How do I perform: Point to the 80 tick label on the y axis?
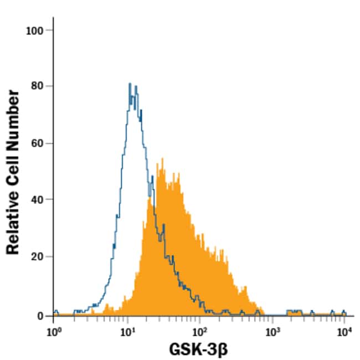click(38, 86)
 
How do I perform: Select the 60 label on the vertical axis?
click(38, 143)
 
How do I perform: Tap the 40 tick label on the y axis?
click(38, 200)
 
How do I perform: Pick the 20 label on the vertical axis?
click(38, 257)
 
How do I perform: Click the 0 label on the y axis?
click(41, 315)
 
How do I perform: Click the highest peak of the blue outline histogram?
click(130, 84)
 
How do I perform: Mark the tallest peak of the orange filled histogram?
click(162, 159)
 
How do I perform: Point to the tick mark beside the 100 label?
click(50, 30)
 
